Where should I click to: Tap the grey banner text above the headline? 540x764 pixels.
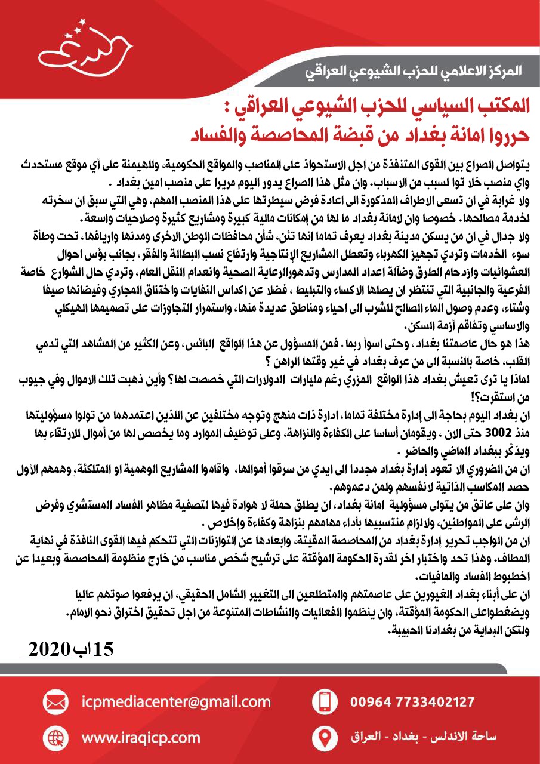[412, 72]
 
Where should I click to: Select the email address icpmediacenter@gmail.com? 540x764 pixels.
[177, 701]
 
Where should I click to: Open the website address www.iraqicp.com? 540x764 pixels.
[141, 738]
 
